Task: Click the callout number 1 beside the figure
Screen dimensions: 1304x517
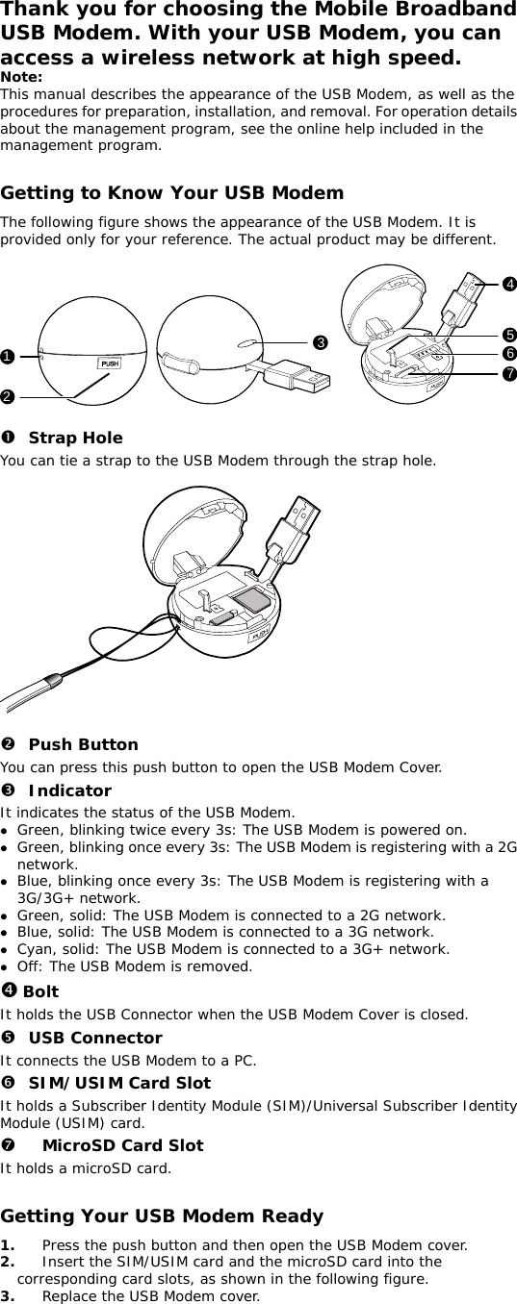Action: (7, 357)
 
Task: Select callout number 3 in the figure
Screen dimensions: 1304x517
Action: (317, 341)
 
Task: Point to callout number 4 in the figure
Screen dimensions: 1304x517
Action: (507, 284)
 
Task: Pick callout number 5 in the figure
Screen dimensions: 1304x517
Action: (508, 335)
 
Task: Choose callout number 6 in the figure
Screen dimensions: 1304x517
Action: (508, 353)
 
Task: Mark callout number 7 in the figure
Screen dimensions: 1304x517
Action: (508, 371)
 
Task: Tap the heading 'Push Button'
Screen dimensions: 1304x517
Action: (83, 744)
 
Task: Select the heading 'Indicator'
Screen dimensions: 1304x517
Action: (69, 790)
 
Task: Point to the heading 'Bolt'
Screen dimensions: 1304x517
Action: (39, 991)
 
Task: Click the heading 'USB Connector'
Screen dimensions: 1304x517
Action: (94, 1038)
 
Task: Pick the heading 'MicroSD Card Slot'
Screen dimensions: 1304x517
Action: (122, 1145)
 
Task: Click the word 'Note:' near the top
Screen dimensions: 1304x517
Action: (21, 76)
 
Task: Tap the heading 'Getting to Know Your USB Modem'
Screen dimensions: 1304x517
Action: (171, 193)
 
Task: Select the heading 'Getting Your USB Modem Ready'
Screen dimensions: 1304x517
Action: (162, 1216)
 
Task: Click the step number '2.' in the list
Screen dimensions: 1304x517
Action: (9, 1262)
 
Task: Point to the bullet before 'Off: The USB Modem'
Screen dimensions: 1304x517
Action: (5, 967)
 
